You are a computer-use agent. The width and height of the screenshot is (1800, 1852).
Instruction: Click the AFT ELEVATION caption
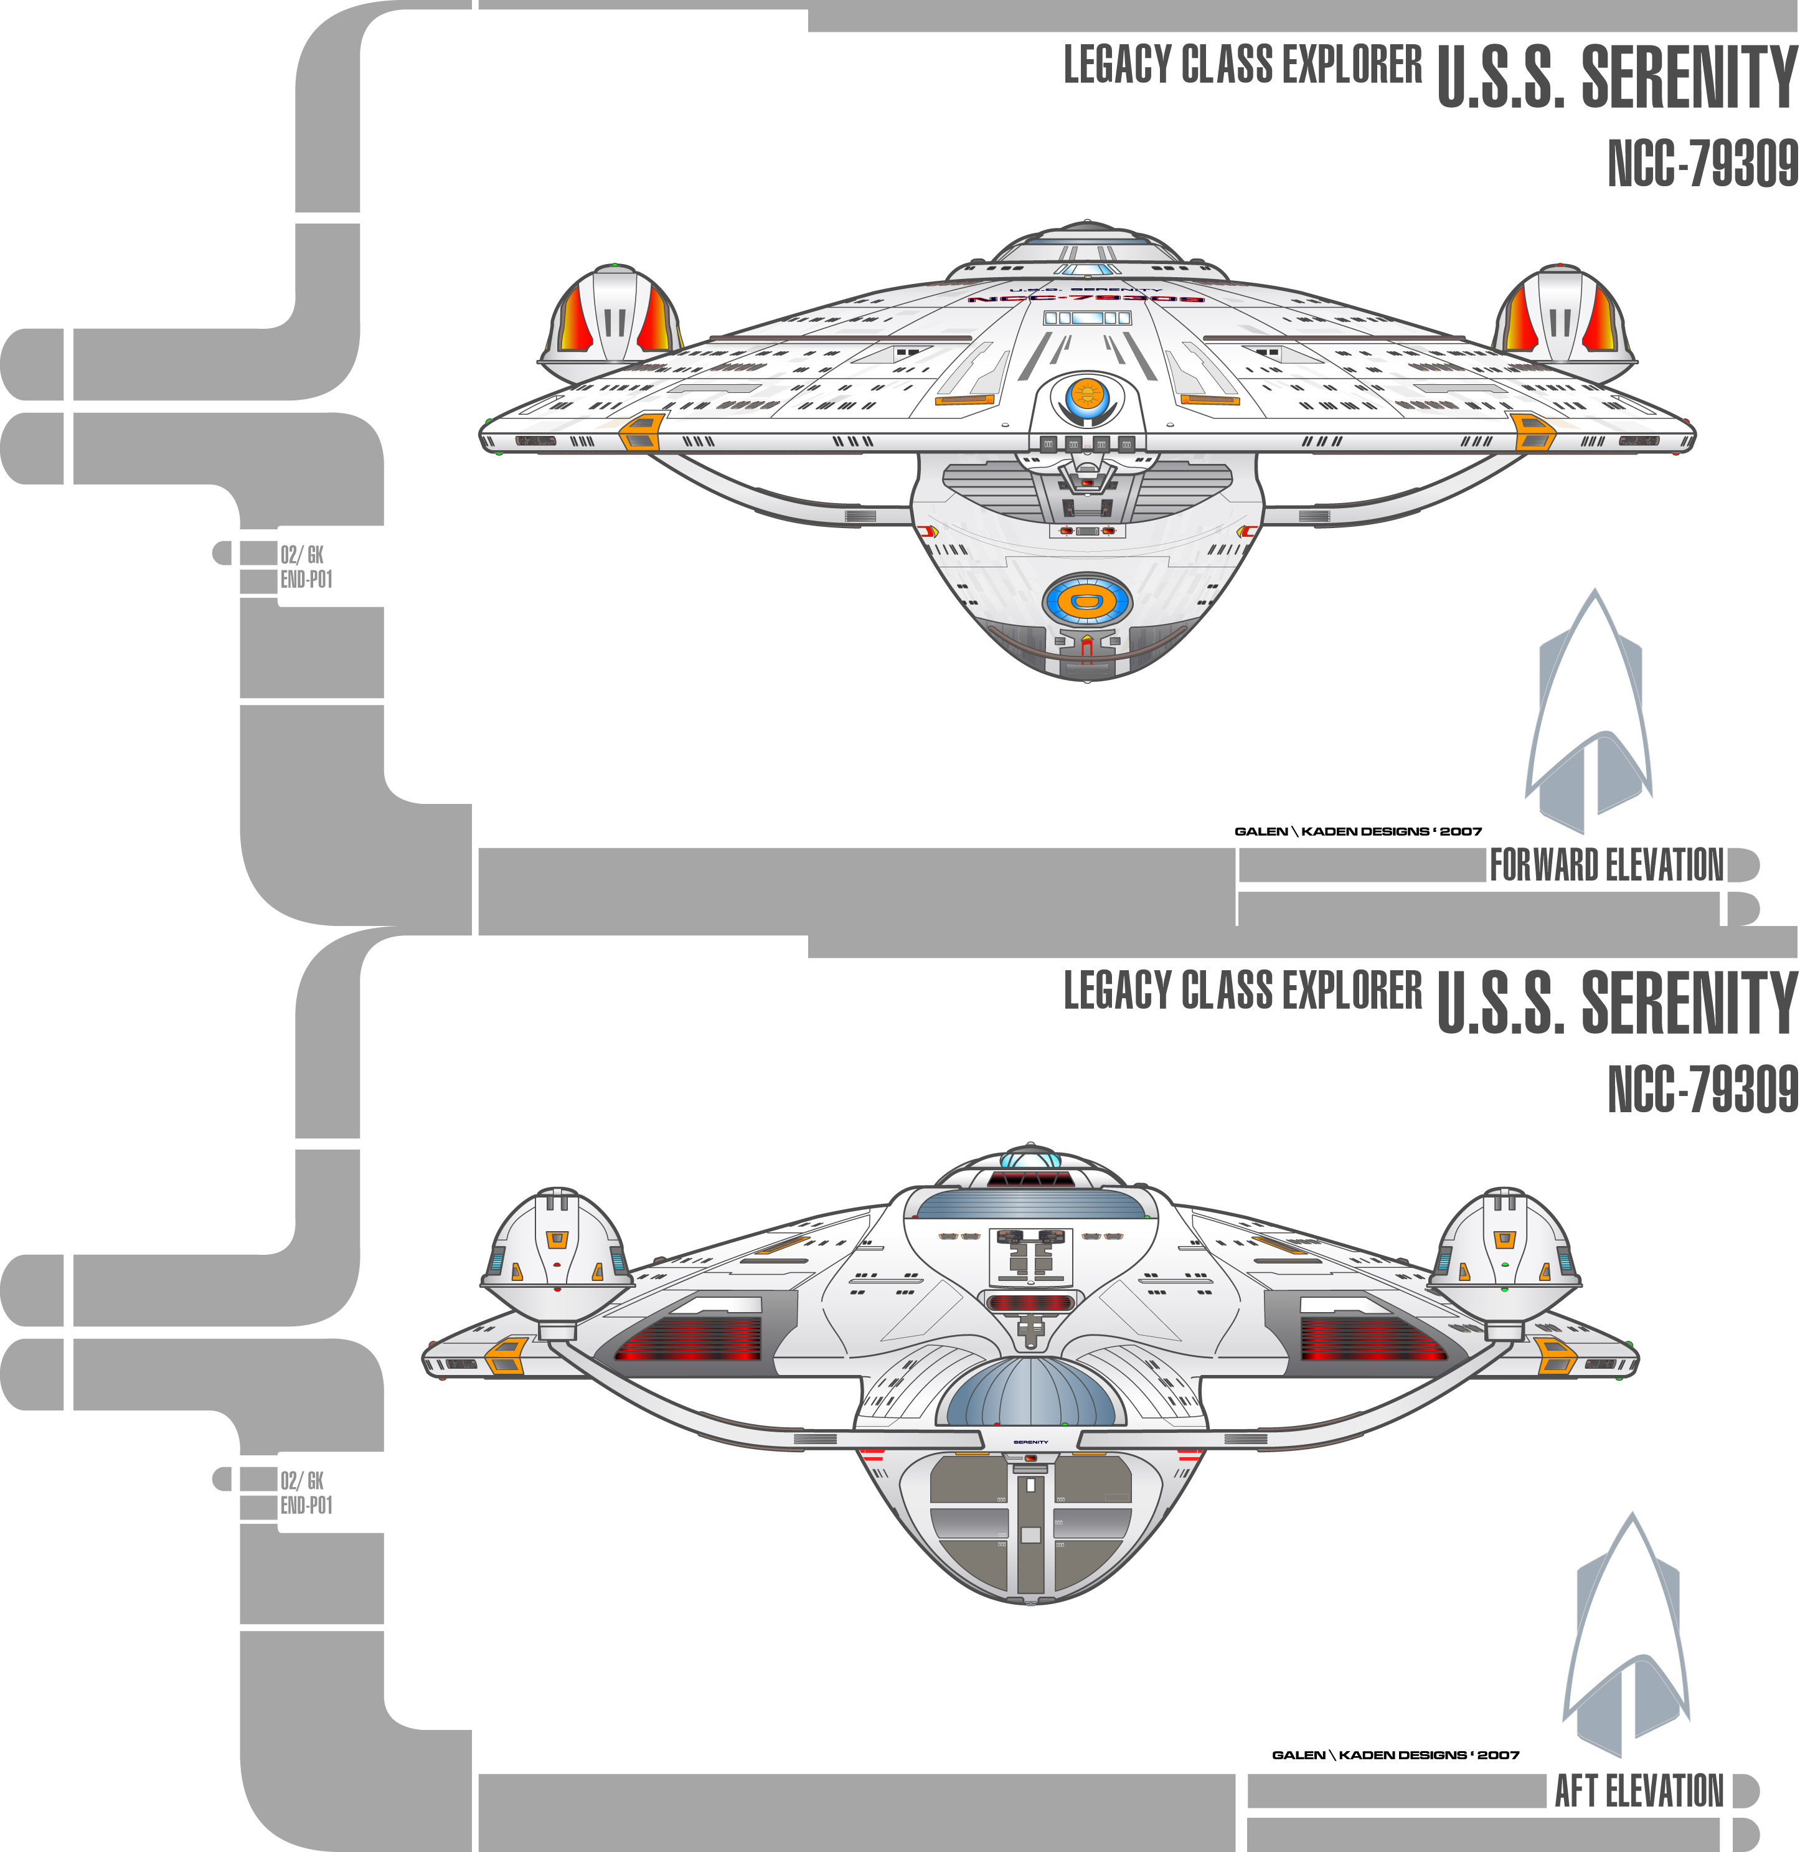(1638, 1790)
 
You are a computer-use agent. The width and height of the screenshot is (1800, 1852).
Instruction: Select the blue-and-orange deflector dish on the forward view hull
(1087, 600)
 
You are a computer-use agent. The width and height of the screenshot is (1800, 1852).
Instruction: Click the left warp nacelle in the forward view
(613, 317)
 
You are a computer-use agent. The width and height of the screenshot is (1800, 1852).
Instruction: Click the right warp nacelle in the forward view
(1561, 317)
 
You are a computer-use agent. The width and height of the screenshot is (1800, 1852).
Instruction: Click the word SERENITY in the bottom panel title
(1687, 1002)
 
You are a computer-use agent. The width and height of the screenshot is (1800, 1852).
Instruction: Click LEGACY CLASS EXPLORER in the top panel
(1242, 65)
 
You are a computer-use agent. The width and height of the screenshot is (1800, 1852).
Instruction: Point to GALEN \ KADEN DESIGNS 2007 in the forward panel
(1357, 831)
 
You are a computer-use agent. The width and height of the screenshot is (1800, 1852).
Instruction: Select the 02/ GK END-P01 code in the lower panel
(304, 1493)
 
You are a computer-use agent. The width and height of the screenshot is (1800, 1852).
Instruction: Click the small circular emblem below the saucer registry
(1087, 396)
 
